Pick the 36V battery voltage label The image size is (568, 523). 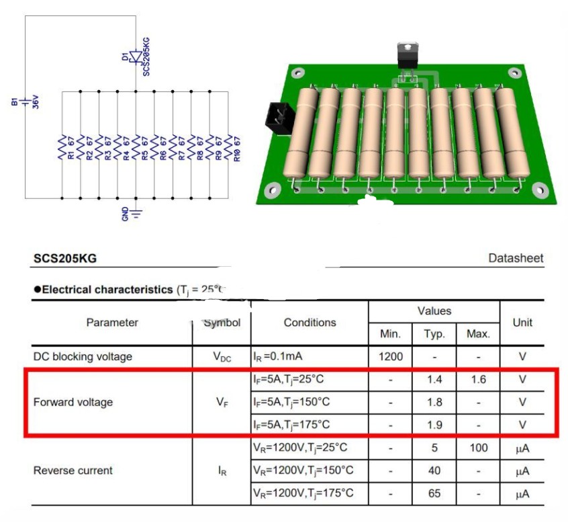click(36, 102)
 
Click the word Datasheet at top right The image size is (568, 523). click(516, 258)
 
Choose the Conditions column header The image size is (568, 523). click(310, 323)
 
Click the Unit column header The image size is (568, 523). click(522, 323)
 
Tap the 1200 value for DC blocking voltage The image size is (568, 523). click(391, 356)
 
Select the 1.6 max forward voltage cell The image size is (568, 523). click(478, 379)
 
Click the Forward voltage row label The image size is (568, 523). click(73, 402)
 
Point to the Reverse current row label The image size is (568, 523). click(73, 471)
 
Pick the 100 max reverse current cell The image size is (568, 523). click(478, 448)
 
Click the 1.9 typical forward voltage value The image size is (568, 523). click(434, 425)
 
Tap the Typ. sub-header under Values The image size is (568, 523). click(434, 333)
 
